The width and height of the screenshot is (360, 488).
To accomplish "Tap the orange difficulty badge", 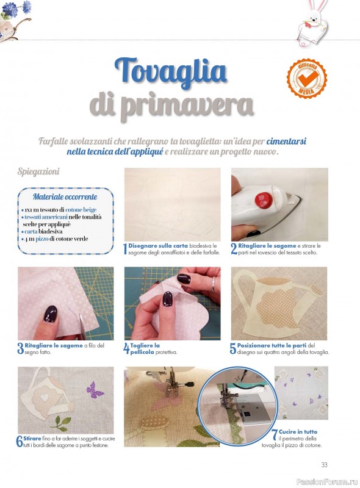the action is tap(307, 78).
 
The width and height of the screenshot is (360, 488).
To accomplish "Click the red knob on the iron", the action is tap(263, 199).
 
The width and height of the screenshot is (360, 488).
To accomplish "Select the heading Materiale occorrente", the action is tap(65, 196).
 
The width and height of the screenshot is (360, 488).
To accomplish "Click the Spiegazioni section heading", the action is tap(38, 171).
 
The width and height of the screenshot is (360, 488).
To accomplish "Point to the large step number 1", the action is tap(125, 249).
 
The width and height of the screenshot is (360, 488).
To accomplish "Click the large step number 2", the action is tap(234, 249).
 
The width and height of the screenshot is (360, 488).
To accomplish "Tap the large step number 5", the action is tap(233, 348).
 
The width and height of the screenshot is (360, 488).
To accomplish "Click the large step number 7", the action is tap(275, 435).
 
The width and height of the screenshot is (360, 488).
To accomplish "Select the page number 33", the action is tap(324, 465).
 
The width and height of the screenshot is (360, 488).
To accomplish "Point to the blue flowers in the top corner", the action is tap(16, 9).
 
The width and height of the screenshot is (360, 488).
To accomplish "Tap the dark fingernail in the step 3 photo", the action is tap(51, 314).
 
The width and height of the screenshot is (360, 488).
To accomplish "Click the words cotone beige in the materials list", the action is tap(81, 210).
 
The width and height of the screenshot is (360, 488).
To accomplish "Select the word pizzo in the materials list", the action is tap(41, 239).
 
